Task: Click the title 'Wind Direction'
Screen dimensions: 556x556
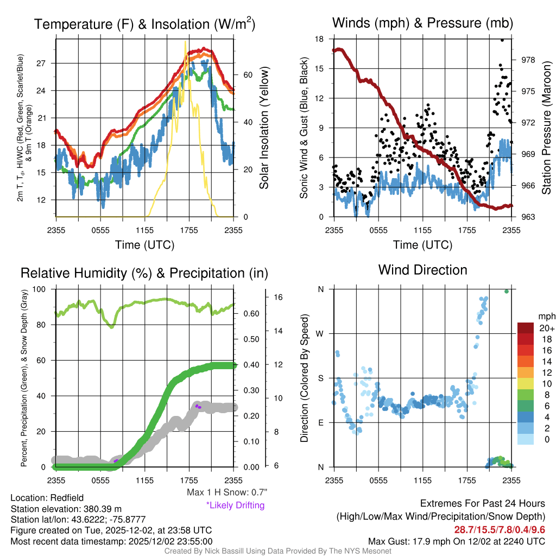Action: [422, 270]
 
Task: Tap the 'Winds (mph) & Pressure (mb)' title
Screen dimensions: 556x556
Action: [422, 23]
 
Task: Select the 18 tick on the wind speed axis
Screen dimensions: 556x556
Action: [320, 39]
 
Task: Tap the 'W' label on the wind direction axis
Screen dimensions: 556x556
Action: [320, 333]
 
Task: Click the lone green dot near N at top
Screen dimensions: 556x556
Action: [506, 292]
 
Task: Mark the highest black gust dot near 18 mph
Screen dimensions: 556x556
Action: [502, 40]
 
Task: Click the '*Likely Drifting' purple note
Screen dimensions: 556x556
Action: [235, 505]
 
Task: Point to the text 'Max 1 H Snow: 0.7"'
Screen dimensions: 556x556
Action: [226, 492]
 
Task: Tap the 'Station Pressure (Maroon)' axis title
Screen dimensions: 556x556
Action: [546, 128]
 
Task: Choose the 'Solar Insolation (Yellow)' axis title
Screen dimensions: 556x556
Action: [264, 128]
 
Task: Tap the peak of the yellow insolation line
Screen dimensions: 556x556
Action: [186, 41]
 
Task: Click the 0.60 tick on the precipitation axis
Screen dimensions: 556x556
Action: [250, 314]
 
